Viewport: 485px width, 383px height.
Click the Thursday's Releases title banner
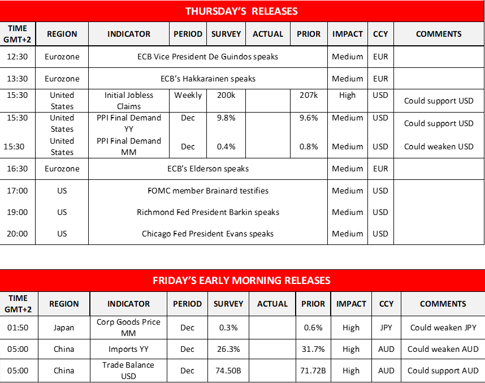click(242, 11)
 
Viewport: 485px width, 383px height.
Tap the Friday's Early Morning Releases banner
click(242, 281)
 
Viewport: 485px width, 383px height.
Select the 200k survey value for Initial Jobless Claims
click(226, 96)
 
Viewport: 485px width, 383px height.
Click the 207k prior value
click(309, 96)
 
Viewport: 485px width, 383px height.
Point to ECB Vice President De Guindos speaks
click(208, 57)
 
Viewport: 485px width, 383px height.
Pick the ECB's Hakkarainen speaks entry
click(208, 79)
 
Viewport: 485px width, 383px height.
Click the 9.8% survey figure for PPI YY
click(226, 118)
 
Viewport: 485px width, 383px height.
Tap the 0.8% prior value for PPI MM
click(309, 147)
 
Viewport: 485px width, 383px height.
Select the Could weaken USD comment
click(439, 147)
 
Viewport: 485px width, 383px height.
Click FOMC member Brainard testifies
click(208, 191)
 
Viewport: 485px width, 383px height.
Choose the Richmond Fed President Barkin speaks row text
click(208, 212)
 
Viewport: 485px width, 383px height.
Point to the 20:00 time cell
click(18, 234)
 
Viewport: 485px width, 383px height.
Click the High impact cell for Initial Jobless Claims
click(348, 96)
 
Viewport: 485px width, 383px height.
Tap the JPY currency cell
click(387, 328)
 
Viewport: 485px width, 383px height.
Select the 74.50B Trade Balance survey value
click(228, 371)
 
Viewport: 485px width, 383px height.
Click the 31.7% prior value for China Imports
click(313, 349)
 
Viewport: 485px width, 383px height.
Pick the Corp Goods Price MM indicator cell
click(129, 328)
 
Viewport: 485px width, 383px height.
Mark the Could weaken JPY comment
click(443, 328)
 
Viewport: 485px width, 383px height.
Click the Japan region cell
click(64, 328)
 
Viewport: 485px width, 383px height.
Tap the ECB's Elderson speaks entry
click(208, 169)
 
